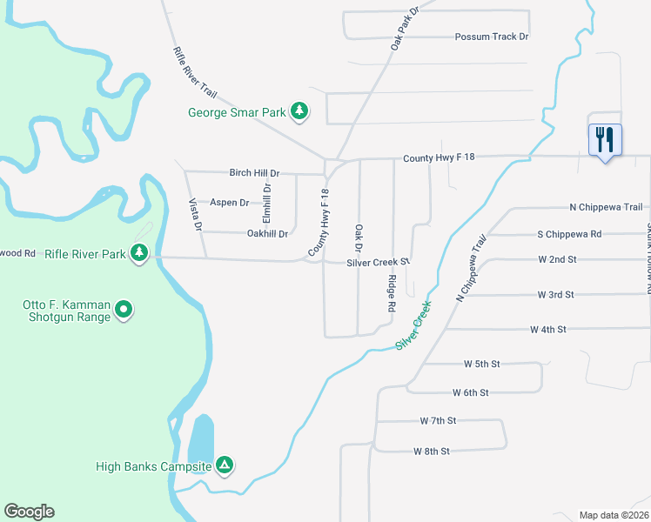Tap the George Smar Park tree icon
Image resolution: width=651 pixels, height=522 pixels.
299,110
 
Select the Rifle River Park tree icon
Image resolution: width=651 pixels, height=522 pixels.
138,252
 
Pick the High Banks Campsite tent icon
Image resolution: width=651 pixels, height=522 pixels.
225,465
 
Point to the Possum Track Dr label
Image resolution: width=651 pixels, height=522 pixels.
492,37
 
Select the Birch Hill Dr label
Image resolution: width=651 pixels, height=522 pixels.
254,173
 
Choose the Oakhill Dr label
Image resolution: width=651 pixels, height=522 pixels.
267,233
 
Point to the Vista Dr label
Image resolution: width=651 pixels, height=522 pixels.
196,214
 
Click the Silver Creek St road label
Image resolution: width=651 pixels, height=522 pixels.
378,262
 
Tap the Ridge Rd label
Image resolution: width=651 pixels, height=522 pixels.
393,293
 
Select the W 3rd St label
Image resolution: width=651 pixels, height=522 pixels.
556,295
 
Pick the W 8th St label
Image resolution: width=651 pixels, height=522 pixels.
432,451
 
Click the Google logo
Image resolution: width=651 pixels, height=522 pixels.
29,512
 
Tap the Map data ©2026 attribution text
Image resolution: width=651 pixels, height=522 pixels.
614,515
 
